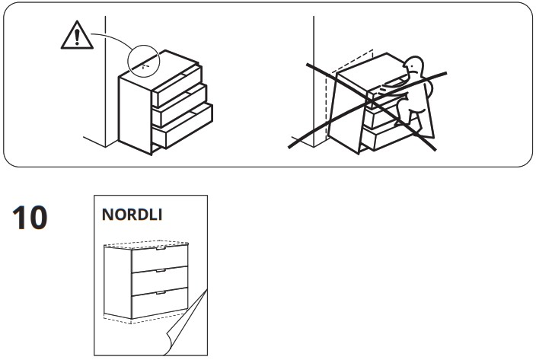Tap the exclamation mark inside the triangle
tap(77, 37)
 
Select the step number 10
tap(30, 218)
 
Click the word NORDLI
tap(132, 215)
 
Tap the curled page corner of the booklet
tap(187, 324)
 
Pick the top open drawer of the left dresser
tap(177, 87)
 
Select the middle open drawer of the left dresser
tap(180, 107)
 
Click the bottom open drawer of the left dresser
tap(182, 127)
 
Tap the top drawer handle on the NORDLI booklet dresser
tap(161, 250)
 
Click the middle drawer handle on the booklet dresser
tap(161, 271)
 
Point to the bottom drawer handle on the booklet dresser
tap(161, 293)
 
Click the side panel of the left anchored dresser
tap(136, 114)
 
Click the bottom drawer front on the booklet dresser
tap(160, 303)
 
